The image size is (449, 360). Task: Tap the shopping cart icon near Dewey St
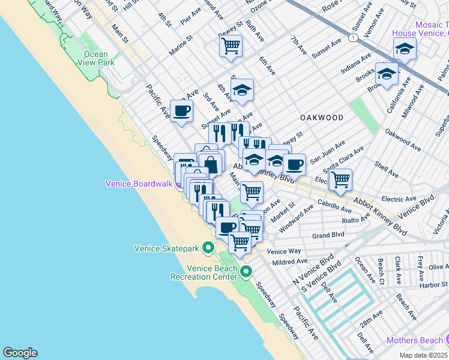click(231, 46)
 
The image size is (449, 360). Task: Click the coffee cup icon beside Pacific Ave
click(182, 110)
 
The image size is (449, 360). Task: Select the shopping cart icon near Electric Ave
click(340, 179)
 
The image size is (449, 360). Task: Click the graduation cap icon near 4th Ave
click(242, 90)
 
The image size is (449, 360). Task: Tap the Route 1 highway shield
click(355, 37)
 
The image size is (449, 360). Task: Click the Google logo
click(20, 353)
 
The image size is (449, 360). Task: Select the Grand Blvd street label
click(328, 235)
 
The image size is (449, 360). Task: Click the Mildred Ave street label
click(290, 262)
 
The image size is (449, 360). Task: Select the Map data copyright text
click(424, 355)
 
